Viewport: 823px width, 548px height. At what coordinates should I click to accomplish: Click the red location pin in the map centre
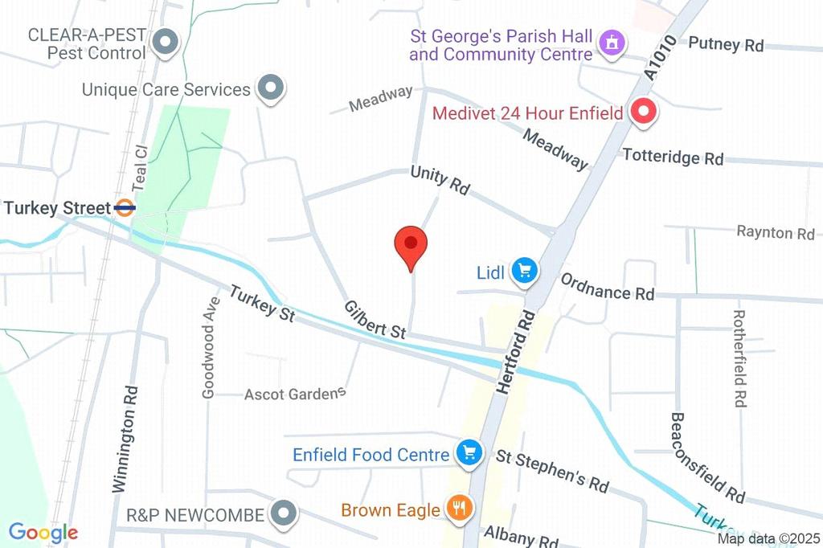click(x=411, y=245)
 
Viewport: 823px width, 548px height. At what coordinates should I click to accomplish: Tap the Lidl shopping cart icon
click(x=525, y=272)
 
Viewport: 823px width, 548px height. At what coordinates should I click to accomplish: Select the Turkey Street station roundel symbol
click(x=125, y=208)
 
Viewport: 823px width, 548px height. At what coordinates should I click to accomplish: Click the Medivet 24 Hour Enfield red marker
click(x=643, y=112)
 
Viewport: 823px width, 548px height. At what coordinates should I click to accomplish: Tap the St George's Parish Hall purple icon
click(x=612, y=44)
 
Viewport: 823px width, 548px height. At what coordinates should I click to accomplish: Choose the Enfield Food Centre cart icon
click(x=468, y=454)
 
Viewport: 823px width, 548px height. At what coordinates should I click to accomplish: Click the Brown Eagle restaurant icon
click(x=460, y=508)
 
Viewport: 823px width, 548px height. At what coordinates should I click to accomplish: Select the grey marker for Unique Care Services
click(x=271, y=88)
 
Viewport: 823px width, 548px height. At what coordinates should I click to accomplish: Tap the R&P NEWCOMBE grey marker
click(x=284, y=512)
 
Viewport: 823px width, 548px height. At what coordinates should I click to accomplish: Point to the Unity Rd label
click(x=440, y=180)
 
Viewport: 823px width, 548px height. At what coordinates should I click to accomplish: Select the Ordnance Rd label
click(x=608, y=287)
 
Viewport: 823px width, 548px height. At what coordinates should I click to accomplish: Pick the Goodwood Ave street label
click(x=211, y=347)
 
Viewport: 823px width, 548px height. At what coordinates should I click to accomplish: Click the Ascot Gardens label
click(x=295, y=394)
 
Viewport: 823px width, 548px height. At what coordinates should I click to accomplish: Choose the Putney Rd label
click(x=726, y=43)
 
